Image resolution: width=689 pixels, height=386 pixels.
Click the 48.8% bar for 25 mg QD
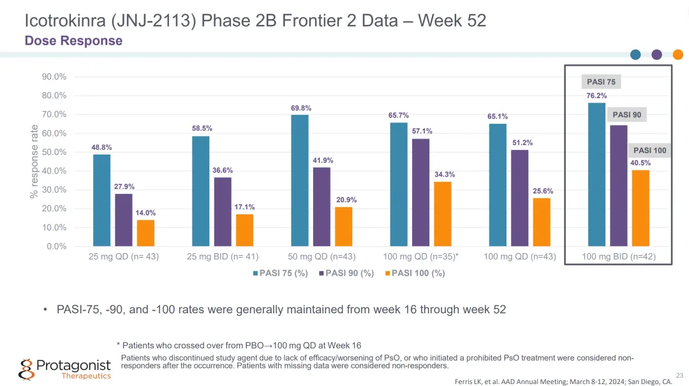click(101, 200)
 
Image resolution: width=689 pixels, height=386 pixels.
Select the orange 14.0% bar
click(145, 233)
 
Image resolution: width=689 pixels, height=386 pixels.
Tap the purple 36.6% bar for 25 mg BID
click(223, 212)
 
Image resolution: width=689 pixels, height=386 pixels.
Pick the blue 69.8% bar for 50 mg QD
click(300, 181)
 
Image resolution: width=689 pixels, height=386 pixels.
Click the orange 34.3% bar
click(443, 214)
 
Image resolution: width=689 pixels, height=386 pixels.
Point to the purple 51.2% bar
click(519, 198)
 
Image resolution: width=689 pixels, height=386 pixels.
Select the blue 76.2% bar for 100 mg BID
click(596, 174)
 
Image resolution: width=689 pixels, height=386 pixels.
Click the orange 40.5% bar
click(641, 208)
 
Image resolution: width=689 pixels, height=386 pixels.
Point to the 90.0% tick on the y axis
click(54, 77)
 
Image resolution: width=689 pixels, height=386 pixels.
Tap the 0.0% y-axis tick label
click(56, 246)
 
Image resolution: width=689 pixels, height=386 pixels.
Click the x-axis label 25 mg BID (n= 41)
click(223, 257)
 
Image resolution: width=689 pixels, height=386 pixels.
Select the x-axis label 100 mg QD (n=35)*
click(421, 257)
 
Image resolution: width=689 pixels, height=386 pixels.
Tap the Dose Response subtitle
click(73, 41)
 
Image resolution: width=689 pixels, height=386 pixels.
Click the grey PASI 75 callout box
click(601, 82)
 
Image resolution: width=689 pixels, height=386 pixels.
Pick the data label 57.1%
click(422, 131)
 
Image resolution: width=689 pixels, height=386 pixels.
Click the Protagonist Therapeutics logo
click(64, 369)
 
